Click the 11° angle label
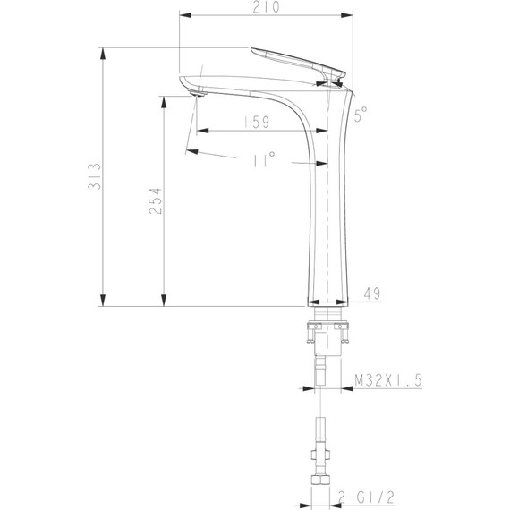point(264,158)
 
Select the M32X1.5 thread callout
point(387,380)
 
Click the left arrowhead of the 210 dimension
point(185,16)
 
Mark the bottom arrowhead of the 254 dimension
point(165,300)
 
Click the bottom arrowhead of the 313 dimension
point(104,300)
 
